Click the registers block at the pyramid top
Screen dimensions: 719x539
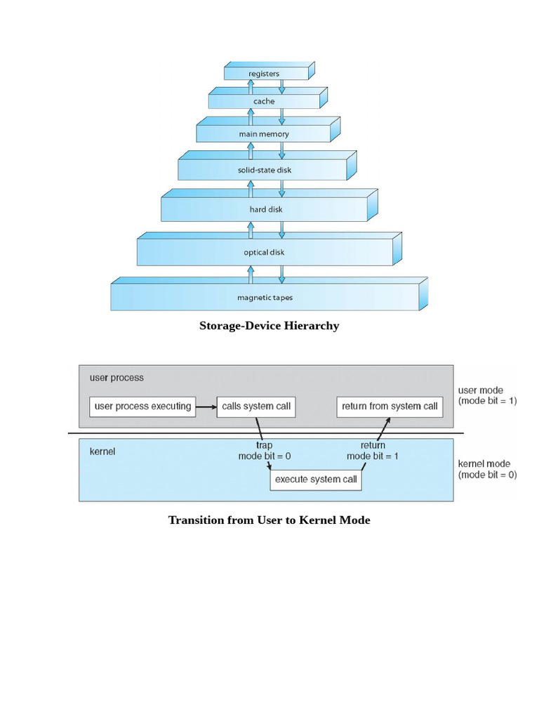(264, 73)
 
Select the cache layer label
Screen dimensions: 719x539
(264, 102)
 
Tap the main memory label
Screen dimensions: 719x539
(264, 134)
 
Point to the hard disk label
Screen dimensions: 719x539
(264, 209)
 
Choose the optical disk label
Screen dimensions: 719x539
(264, 252)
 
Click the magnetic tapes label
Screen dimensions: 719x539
(265, 298)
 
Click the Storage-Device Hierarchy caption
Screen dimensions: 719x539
(269, 326)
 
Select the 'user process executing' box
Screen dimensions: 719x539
(143, 407)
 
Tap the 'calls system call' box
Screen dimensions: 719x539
(256, 407)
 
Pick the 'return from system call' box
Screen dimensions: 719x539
(390, 407)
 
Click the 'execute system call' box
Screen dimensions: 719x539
(316, 480)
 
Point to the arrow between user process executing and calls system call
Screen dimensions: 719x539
(206, 407)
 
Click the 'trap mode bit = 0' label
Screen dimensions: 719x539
(264, 451)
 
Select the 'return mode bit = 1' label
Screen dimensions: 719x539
(372, 451)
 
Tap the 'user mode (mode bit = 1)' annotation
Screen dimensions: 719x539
(487, 396)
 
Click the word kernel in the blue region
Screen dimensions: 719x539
(102, 452)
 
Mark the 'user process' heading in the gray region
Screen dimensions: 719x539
(117, 378)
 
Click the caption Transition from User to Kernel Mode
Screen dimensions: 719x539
(269, 520)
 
